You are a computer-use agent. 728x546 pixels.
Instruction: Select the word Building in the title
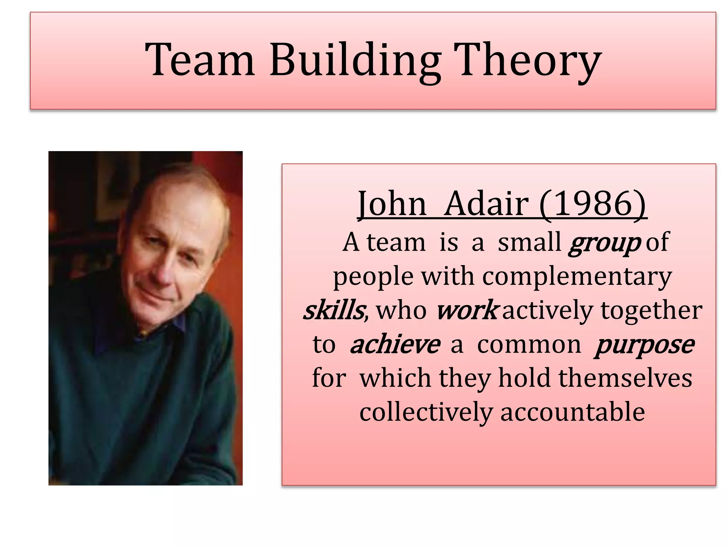tap(355, 60)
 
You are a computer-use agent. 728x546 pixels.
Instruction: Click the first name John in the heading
tap(392, 204)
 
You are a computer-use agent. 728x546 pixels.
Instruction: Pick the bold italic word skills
tap(334, 310)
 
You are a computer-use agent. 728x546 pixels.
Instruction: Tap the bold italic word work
tap(466, 310)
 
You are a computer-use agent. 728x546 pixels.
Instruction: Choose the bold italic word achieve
tap(395, 344)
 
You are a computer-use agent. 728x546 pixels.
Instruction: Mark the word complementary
tap(577, 277)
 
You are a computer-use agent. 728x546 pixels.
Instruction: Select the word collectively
tap(426, 412)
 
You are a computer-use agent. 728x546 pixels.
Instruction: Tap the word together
tap(651, 310)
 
